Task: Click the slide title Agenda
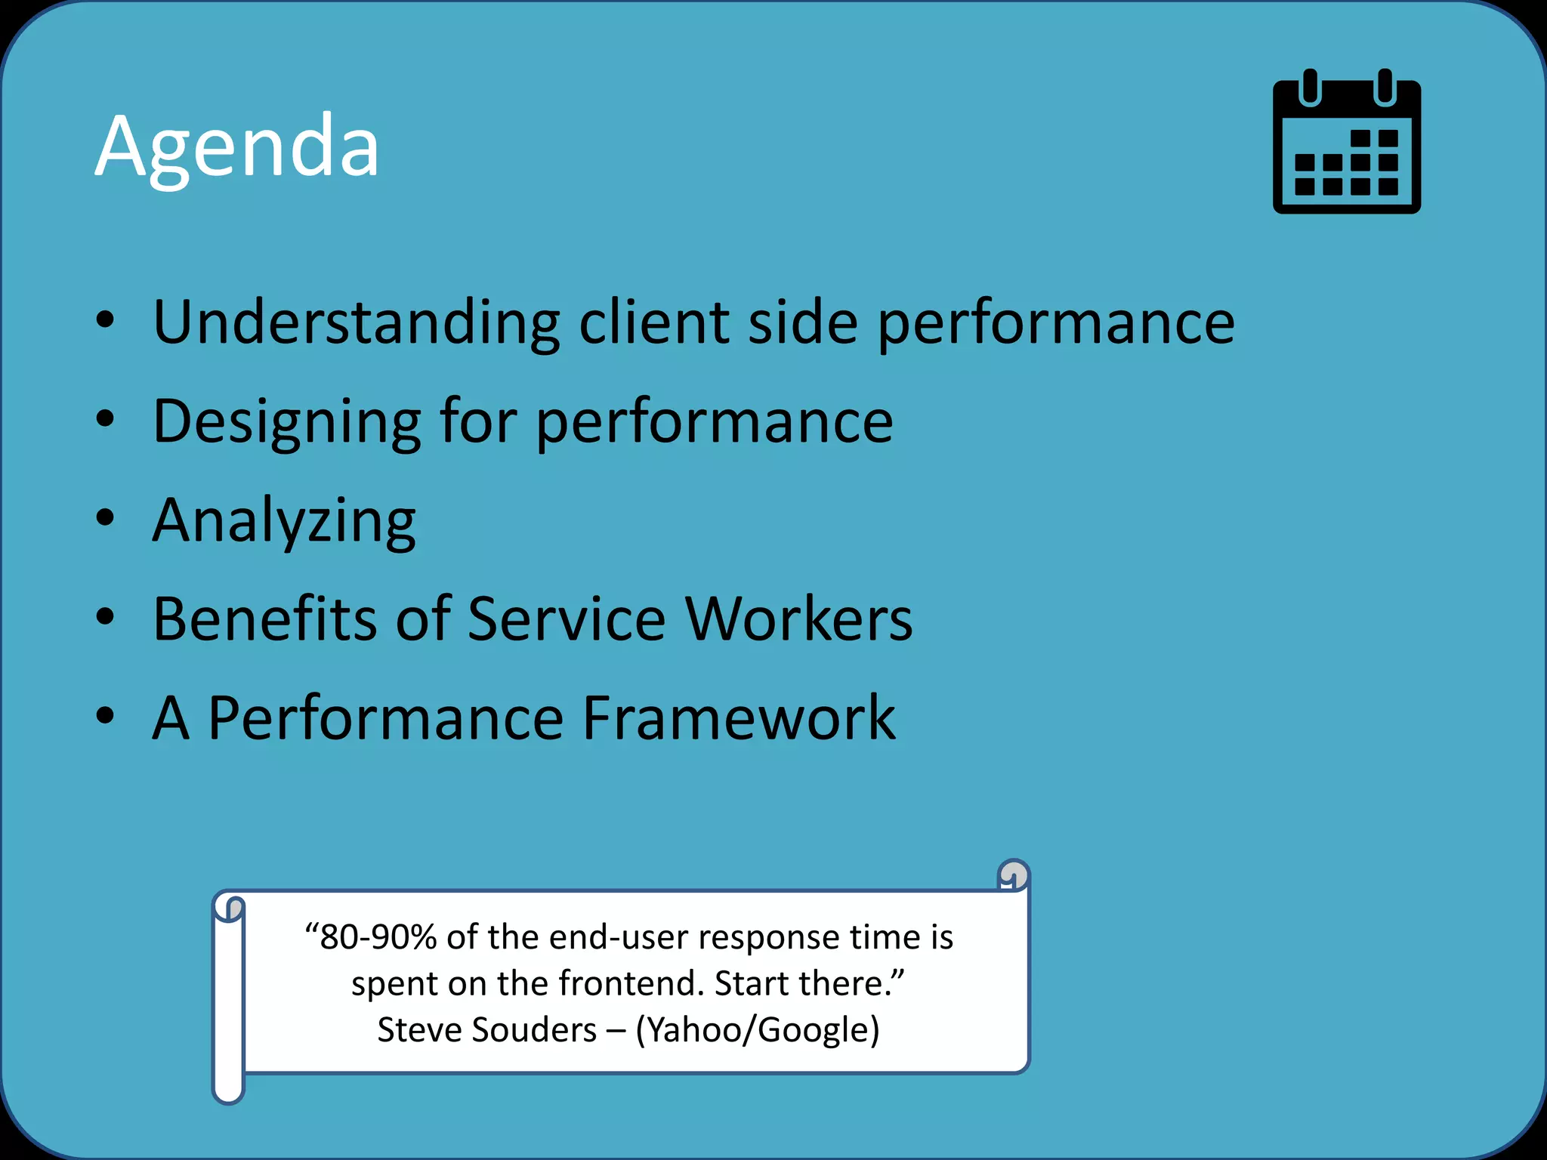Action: coord(236,147)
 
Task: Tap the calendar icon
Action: coord(1347,143)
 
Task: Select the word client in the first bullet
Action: coord(653,323)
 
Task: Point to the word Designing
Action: coord(286,423)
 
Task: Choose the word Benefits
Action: coord(264,619)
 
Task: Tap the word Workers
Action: coord(798,619)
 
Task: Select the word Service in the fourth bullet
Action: coord(567,619)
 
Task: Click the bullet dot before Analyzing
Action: coord(105,518)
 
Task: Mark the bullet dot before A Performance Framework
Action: coord(105,716)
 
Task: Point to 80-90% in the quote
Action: coord(378,937)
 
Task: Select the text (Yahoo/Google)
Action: coord(758,1030)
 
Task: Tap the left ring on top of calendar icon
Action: coord(1310,87)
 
